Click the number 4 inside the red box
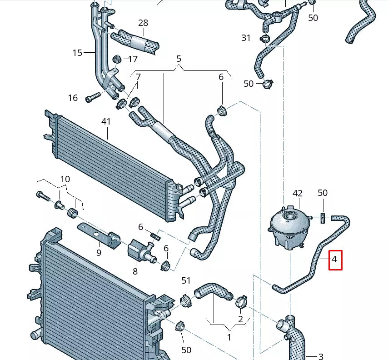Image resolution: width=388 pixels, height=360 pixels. click(334, 260)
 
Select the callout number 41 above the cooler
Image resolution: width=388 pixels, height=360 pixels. click(106, 122)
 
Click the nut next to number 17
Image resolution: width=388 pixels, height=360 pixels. click(117, 59)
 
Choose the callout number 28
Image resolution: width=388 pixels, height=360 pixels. click(143, 23)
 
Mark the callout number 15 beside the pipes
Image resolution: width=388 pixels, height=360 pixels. click(77, 53)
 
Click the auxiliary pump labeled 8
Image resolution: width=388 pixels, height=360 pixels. click(138, 250)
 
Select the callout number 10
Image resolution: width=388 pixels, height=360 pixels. click(65, 179)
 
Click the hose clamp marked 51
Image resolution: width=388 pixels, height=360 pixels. click(186, 300)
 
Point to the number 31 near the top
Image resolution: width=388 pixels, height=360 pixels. click(246, 38)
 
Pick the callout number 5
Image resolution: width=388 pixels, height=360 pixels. click(179, 59)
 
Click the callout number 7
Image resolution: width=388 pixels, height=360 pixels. click(138, 76)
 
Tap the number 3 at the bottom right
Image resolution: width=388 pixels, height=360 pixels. click(320, 356)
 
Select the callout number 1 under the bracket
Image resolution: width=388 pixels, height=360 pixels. click(229, 337)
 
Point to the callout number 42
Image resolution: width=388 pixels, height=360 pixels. click(297, 193)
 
